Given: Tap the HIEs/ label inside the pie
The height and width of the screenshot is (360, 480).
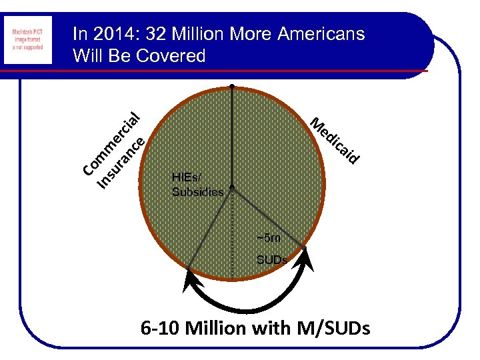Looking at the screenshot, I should (x=186, y=177).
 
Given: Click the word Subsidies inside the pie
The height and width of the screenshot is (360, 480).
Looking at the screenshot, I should (x=197, y=192).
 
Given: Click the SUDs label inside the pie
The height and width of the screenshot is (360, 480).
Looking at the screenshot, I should (x=272, y=259).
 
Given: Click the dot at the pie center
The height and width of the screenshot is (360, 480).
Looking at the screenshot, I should (x=231, y=187).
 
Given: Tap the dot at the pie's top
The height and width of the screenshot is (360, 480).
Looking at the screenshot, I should (x=231, y=87).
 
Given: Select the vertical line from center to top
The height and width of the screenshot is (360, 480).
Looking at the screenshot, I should (x=231, y=137).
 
